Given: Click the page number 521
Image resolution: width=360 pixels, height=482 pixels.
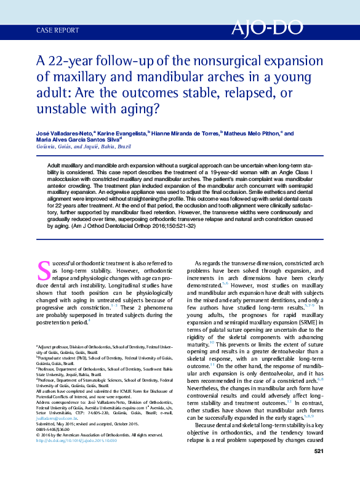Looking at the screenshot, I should click(318, 470).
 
